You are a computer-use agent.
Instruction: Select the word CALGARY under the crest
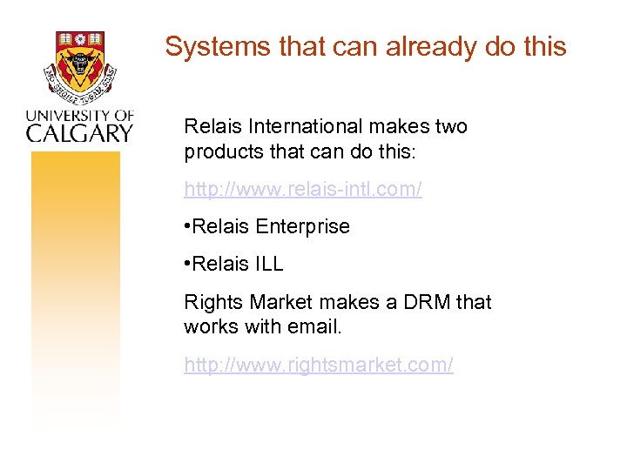click(79, 132)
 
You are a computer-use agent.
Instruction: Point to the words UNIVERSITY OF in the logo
click(79, 115)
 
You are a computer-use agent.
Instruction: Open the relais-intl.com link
click(303, 189)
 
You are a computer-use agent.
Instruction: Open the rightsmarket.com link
click(319, 365)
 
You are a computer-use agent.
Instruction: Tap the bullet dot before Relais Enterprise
click(187, 227)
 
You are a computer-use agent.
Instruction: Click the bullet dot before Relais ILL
click(187, 265)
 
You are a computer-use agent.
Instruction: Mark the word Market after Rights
click(280, 303)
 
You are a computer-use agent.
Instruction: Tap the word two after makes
click(450, 127)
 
